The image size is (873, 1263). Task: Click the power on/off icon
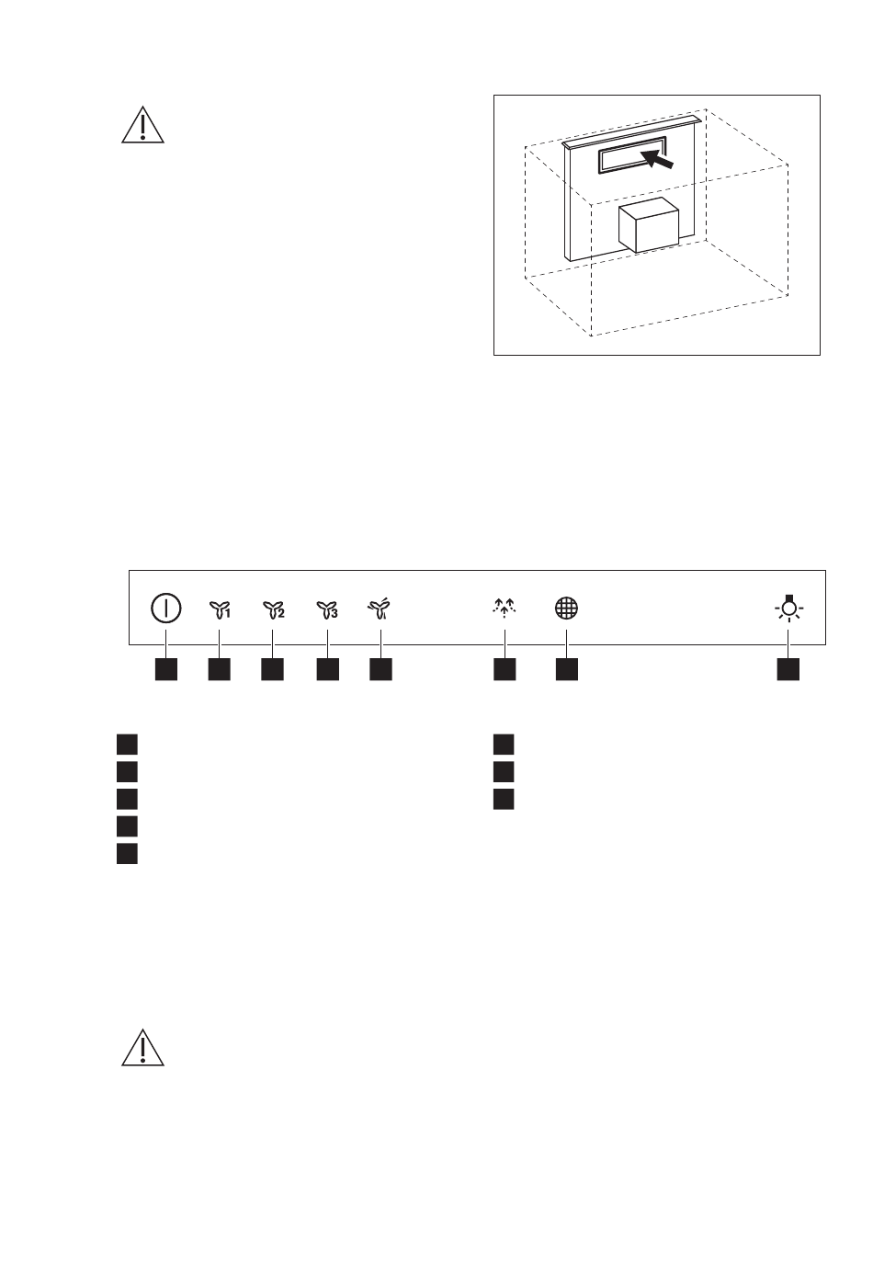click(165, 609)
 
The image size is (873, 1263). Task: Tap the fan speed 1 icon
click(220, 609)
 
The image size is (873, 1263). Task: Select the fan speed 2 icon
click(273, 609)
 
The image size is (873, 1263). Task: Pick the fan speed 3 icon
click(327, 609)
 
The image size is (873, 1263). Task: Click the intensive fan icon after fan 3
click(380, 609)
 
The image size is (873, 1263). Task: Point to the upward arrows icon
click(504, 608)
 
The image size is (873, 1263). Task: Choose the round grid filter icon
click(566, 609)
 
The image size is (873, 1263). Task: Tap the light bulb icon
click(788, 608)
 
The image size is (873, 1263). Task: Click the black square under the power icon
click(166, 669)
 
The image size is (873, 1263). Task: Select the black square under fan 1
click(220, 669)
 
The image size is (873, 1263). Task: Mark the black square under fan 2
click(272, 669)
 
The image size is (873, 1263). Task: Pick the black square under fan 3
click(327, 669)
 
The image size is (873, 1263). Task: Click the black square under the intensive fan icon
click(380, 669)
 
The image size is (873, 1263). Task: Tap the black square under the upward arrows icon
click(505, 669)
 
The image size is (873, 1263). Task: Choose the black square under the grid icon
click(566, 669)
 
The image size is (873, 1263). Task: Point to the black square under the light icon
click(788, 669)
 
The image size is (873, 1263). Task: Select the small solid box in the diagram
click(648, 225)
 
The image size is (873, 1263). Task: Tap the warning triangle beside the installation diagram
click(142, 125)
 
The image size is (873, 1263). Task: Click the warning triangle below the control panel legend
click(142, 1048)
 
